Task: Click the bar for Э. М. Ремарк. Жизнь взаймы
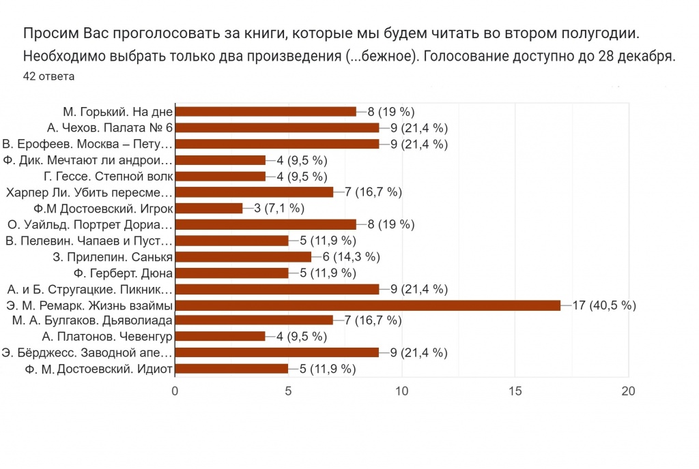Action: click(368, 305)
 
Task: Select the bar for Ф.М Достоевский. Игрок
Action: click(209, 208)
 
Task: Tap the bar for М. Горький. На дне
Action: click(266, 111)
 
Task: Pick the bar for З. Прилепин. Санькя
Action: click(243, 256)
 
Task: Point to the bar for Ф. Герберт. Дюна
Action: click(231, 273)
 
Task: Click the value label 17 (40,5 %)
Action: click(604, 305)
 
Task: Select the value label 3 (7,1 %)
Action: click(279, 208)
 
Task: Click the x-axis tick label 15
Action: click(515, 391)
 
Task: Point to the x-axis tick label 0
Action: click(175, 391)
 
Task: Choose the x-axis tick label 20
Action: click(628, 391)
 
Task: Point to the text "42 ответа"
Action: click(48, 76)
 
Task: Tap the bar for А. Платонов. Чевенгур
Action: click(220, 337)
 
